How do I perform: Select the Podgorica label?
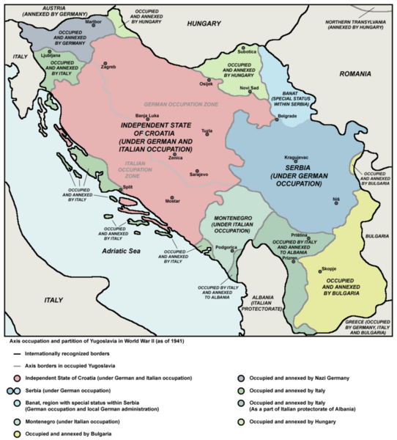click(x=226, y=248)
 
